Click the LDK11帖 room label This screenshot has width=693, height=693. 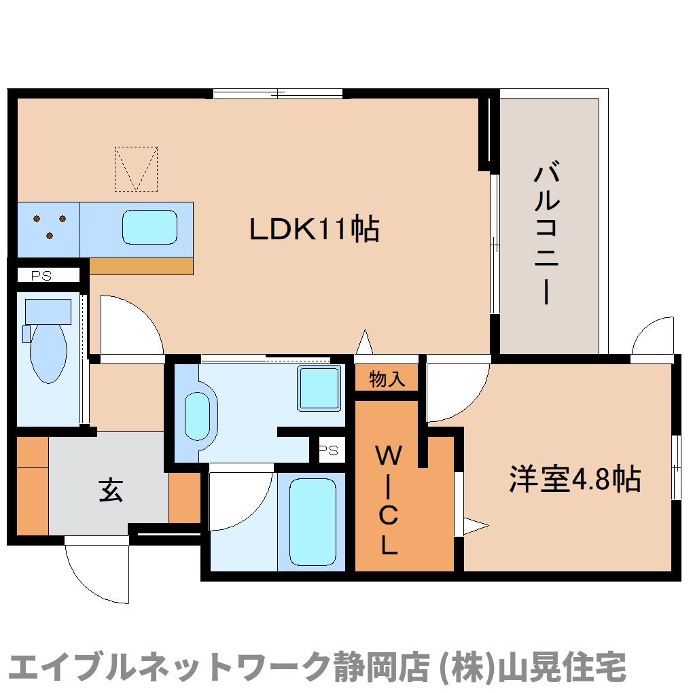pyautogui.click(x=314, y=229)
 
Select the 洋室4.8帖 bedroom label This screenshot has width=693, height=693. pyautogui.click(x=575, y=479)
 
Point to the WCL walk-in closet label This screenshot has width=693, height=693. pyautogui.click(x=388, y=500)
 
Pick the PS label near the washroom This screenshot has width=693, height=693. pyautogui.click(x=329, y=450)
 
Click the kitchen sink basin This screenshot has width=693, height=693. pyautogui.click(x=149, y=227)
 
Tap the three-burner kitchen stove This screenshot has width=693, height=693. pyautogui.click(x=50, y=227)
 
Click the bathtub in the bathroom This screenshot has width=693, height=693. pyautogui.click(x=313, y=521)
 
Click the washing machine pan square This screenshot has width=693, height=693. pyautogui.click(x=319, y=388)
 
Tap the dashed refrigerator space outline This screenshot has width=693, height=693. pyautogui.click(x=136, y=168)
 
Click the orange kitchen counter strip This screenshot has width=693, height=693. pyautogui.click(x=141, y=266)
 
